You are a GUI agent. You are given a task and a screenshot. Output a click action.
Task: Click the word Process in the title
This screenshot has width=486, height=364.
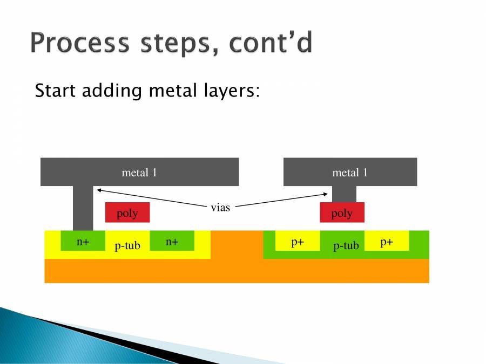pyautogui.click(x=78, y=43)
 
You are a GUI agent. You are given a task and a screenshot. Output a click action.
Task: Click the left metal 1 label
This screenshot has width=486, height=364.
pyautogui.click(x=139, y=173)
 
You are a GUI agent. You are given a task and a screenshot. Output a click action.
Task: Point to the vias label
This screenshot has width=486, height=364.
pyautogui.click(x=220, y=207)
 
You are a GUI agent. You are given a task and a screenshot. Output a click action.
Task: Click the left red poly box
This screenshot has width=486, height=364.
pyautogui.click(x=127, y=212)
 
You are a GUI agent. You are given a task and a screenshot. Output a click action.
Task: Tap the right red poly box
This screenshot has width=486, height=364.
pyautogui.click(x=342, y=212)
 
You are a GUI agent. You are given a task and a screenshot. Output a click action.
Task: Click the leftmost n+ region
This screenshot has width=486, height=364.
pyautogui.click(x=83, y=241)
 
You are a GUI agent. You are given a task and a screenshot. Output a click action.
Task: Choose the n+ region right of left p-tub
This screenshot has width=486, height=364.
pyautogui.click(x=172, y=241)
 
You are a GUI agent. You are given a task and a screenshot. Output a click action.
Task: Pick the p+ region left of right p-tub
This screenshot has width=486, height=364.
pyautogui.click(x=298, y=241)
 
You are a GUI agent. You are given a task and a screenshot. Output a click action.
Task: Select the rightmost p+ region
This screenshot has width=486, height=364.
pyautogui.click(x=387, y=241)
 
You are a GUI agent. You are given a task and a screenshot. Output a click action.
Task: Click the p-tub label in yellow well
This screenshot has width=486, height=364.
pyautogui.click(x=127, y=246)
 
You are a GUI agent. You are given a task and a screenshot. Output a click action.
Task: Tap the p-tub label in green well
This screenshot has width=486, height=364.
pyautogui.click(x=346, y=246)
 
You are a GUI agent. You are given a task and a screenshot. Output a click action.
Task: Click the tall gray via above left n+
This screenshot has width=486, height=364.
pyautogui.click(x=83, y=208)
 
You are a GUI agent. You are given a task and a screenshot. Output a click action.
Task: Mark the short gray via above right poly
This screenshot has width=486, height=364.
pyautogui.click(x=343, y=194)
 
